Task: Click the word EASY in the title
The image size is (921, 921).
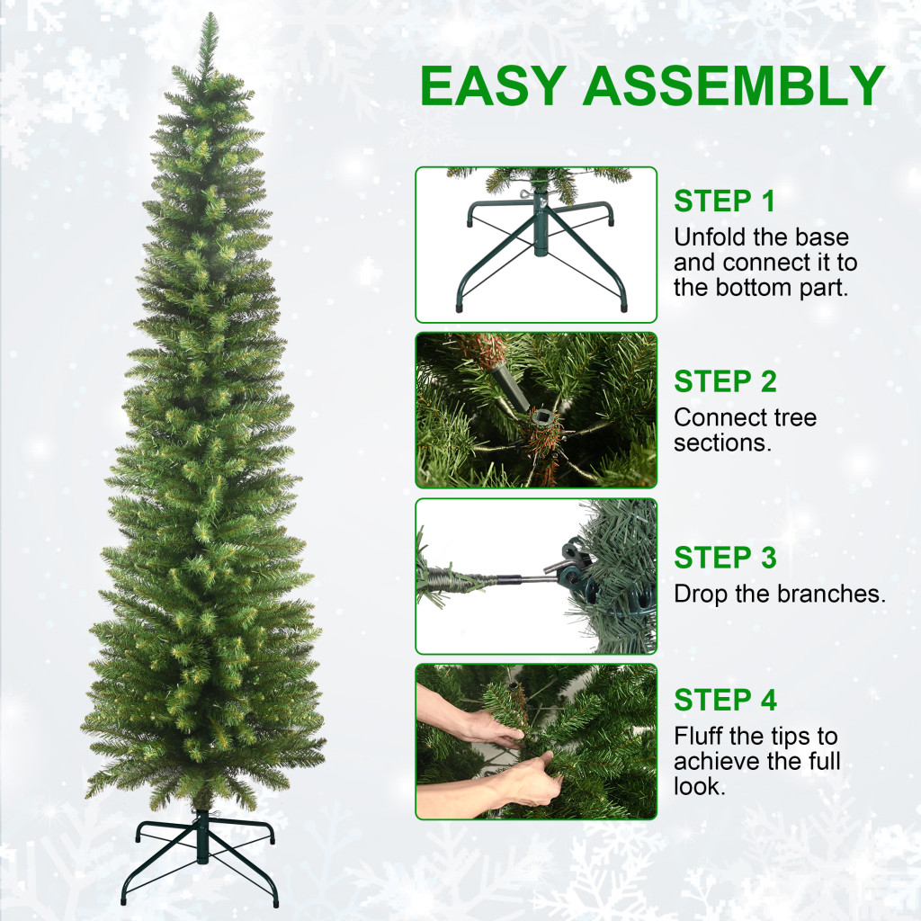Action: pos(494,85)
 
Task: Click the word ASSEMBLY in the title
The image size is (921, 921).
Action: pos(734,85)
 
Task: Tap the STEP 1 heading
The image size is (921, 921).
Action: pos(724,201)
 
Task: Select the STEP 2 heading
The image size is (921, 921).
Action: pos(725,381)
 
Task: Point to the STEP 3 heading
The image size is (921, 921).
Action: pos(725,558)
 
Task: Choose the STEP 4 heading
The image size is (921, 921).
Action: pos(725,700)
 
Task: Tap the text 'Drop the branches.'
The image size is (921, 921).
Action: pos(780,594)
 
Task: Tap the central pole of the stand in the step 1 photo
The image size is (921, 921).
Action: pos(540,226)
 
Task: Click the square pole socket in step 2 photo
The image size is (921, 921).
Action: pos(541,419)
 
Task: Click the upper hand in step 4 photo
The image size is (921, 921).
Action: pos(469,717)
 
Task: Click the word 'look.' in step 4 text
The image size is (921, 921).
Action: pos(700,786)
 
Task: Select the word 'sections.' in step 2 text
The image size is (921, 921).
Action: pos(722,443)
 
